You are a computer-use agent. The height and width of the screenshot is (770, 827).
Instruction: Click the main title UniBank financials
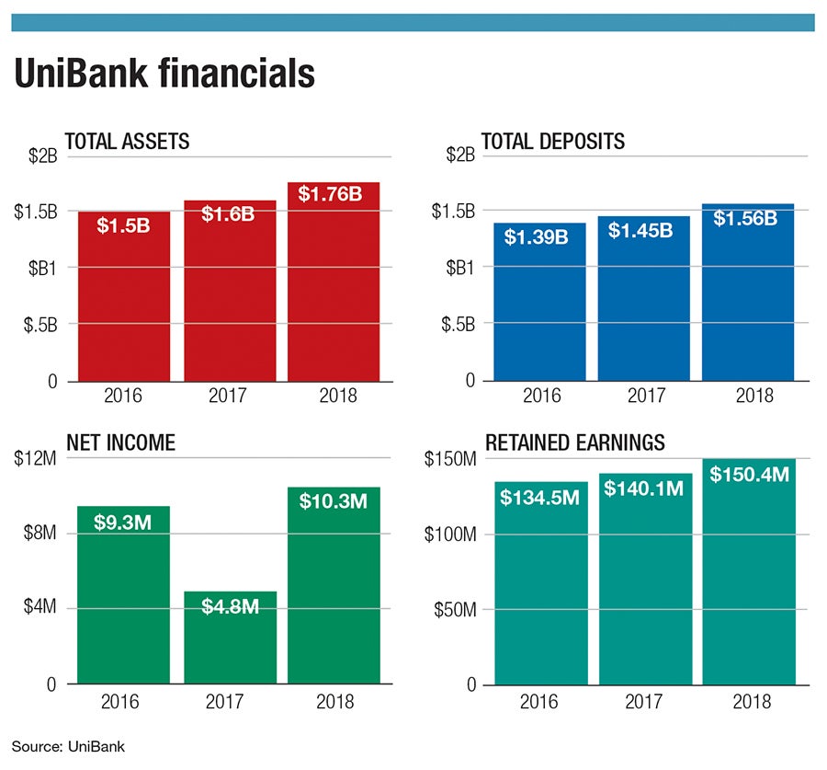pos(164,75)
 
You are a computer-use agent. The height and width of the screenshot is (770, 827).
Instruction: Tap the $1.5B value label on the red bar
pos(123,224)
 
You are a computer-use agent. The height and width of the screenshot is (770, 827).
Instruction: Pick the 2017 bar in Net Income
pos(230,644)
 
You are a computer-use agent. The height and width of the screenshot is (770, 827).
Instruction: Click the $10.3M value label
pos(334,501)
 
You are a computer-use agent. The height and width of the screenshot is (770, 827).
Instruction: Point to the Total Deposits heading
pos(553,142)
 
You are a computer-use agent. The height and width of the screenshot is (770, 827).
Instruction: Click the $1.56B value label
pos(747,218)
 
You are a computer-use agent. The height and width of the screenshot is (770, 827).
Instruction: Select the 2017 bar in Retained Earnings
pos(644,589)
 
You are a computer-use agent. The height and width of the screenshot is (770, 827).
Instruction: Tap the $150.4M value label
pos(748,474)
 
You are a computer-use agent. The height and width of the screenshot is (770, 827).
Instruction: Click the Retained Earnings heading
pos(574,442)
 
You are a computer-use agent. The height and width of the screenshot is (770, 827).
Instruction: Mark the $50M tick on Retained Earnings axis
pos(454,609)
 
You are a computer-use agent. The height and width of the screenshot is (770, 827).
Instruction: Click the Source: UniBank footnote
pos(68,747)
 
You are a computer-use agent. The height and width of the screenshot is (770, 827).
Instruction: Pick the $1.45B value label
pos(642,230)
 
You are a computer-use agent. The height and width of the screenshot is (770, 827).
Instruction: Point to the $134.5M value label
pos(539,497)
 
